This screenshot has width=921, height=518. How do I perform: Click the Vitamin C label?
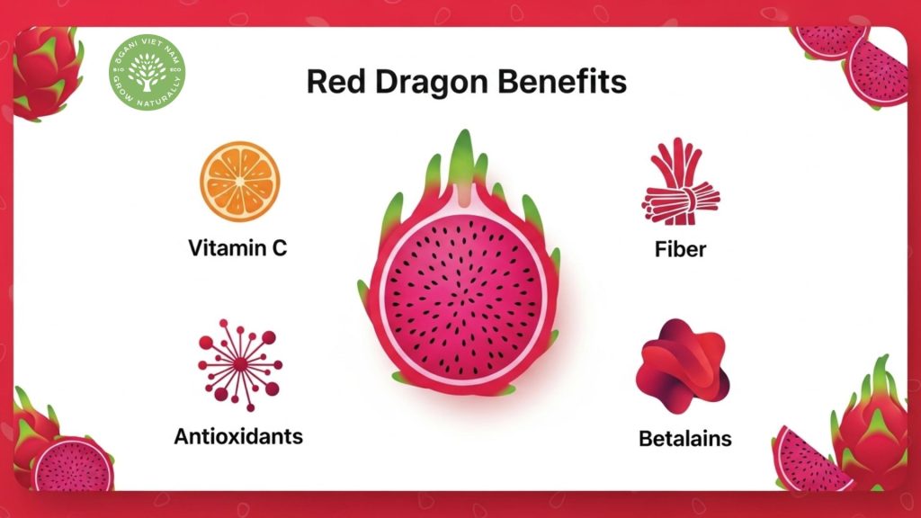237,248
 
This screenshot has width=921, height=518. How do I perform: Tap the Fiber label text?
680,249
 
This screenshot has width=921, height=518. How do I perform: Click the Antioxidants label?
237,437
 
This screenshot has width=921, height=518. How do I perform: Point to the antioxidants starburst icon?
239,365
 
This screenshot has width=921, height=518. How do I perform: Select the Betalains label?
684,439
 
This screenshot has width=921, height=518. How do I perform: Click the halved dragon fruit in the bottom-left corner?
72,463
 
